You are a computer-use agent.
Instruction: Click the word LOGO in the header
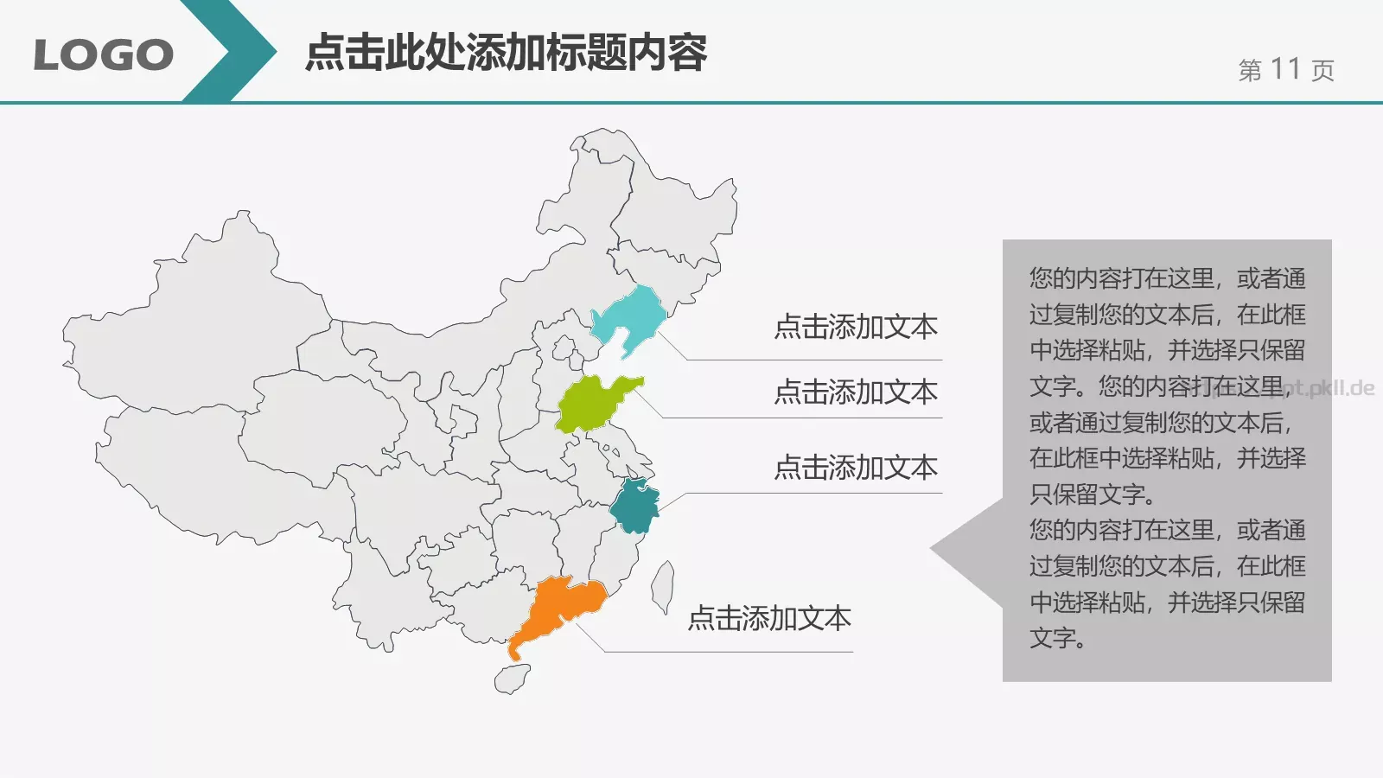pyautogui.click(x=103, y=55)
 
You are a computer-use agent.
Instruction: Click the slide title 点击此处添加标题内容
pyautogui.click(x=507, y=53)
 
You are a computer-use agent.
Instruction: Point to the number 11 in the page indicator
pyautogui.click(x=1285, y=69)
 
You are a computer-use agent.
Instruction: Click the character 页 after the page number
pyautogui.click(x=1322, y=71)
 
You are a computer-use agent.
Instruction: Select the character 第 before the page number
pyautogui.click(x=1250, y=71)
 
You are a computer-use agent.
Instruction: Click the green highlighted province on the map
pyautogui.click(x=592, y=404)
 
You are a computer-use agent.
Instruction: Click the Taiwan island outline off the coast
pyautogui.click(x=663, y=585)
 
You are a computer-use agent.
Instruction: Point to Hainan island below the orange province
pyautogui.click(x=512, y=679)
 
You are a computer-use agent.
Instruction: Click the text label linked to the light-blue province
pyautogui.click(x=856, y=327)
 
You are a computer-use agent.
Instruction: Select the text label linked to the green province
pyautogui.click(x=856, y=392)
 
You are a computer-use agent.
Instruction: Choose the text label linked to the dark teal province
pyautogui.click(x=856, y=468)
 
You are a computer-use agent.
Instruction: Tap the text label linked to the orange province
pyautogui.click(x=769, y=618)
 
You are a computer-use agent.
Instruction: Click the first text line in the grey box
pyautogui.click(x=1167, y=278)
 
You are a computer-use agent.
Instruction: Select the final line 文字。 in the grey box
pyautogui.click(x=1057, y=639)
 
